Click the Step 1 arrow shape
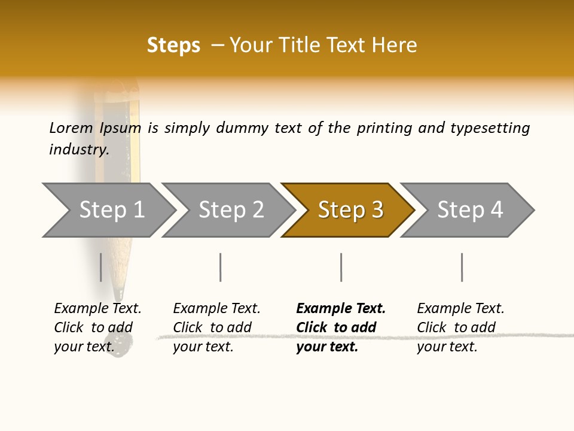pyautogui.click(x=110, y=210)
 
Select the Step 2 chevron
pyautogui.click(x=230, y=210)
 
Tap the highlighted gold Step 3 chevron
pyautogui.click(x=350, y=210)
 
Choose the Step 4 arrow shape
pyautogui.click(x=469, y=210)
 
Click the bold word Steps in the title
pyautogui.click(x=173, y=45)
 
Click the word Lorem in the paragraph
pyautogui.click(x=71, y=128)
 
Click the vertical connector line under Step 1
pyautogui.click(x=101, y=267)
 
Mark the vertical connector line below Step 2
pyautogui.click(x=221, y=267)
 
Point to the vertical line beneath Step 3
pyautogui.click(x=341, y=267)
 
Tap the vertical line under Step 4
pyautogui.click(x=462, y=267)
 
